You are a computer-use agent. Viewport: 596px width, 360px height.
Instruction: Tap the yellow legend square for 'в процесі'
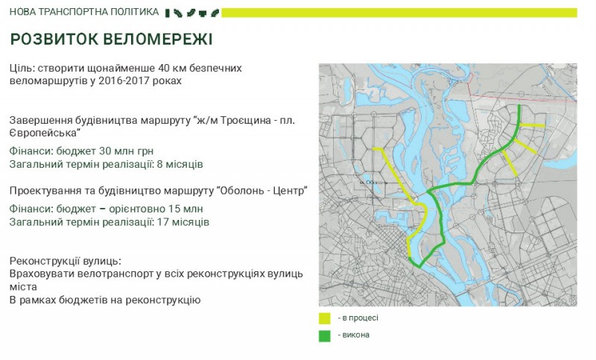pos(325,318)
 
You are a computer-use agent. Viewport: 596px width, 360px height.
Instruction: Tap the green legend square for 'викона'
pos(325,335)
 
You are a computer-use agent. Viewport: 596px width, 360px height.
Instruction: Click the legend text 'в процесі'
pos(360,318)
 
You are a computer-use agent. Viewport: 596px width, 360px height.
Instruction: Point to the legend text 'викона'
pos(355,335)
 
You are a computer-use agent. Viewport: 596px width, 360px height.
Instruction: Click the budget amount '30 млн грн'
pos(110,150)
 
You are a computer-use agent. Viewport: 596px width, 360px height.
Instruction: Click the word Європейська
pos(44,133)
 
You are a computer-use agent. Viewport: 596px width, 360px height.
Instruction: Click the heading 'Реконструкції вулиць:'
pos(66,262)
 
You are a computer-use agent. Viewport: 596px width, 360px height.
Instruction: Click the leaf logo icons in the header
pos(191,12)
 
